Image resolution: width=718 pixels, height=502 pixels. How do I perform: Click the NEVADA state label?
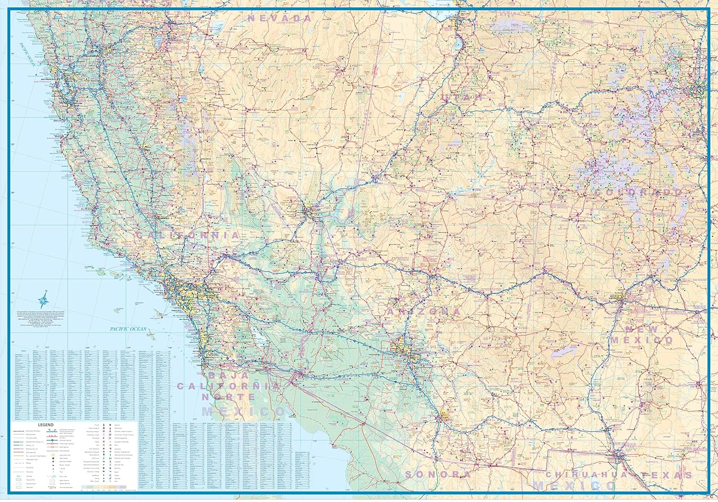tap(280, 18)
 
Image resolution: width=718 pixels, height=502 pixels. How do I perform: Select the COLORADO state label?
tap(638, 192)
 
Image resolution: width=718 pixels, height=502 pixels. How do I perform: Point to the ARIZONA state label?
tap(424, 312)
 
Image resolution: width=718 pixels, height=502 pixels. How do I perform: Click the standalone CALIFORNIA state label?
tap(188, 235)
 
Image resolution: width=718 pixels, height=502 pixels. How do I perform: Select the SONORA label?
tap(438, 474)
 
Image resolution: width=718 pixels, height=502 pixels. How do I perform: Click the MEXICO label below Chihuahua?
tap(574, 486)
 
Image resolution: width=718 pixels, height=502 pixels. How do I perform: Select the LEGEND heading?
tap(46, 425)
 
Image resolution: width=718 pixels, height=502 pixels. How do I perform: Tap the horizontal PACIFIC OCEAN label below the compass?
tap(128, 329)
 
